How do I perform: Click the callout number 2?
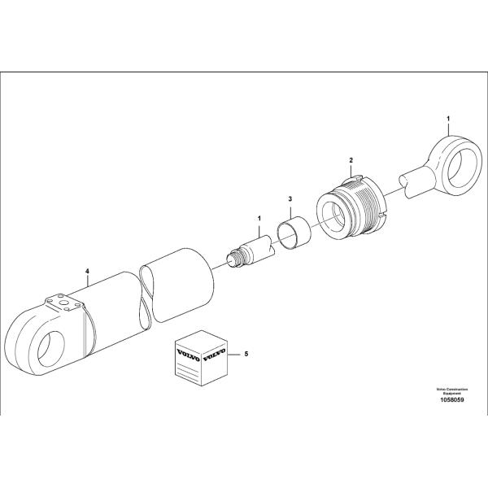(351, 162)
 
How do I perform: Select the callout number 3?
(290, 198)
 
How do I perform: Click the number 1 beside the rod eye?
(448, 120)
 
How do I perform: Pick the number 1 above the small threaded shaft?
(259, 219)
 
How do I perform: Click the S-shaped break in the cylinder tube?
(146, 297)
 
